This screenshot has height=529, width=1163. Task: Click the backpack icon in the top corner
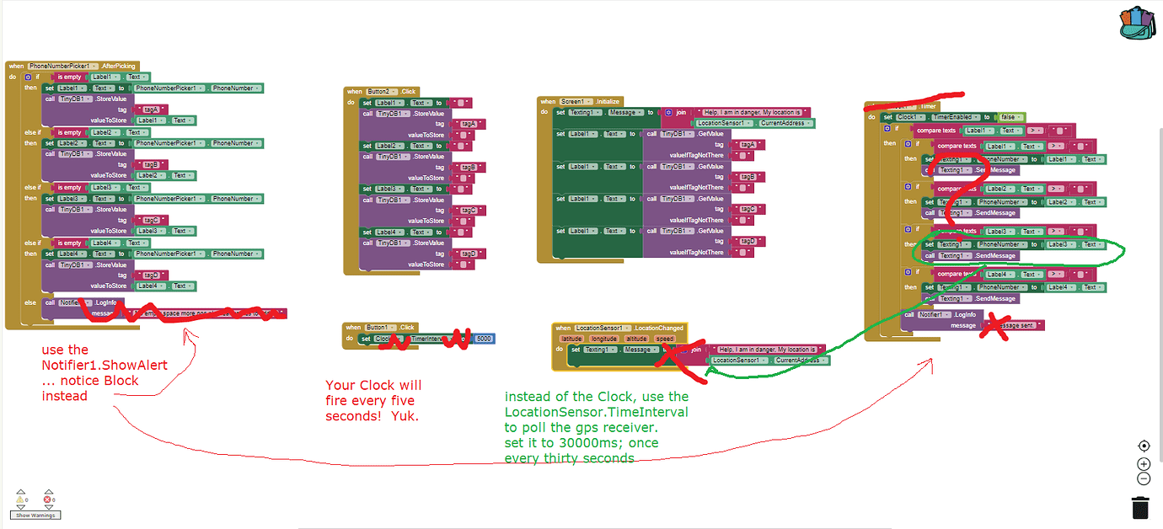click(x=1139, y=24)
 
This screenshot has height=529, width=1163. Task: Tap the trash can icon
click(x=1139, y=508)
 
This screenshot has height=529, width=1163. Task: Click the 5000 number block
click(x=484, y=339)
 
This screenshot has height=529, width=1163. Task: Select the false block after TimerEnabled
click(x=1010, y=117)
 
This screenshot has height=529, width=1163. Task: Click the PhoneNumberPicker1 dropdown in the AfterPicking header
click(x=64, y=66)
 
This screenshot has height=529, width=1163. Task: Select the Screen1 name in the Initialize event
click(x=578, y=101)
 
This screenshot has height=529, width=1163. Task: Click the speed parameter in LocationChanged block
click(x=665, y=339)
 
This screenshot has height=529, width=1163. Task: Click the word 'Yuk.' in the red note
click(x=405, y=416)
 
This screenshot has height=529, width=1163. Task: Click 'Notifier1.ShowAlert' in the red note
click(x=105, y=365)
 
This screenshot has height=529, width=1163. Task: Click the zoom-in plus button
click(x=1144, y=463)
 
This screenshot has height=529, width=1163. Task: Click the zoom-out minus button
click(x=1144, y=478)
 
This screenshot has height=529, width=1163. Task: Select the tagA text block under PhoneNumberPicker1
click(x=152, y=109)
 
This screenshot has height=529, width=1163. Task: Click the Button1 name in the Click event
click(x=379, y=328)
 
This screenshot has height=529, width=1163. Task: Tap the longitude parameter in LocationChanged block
click(x=604, y=339)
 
